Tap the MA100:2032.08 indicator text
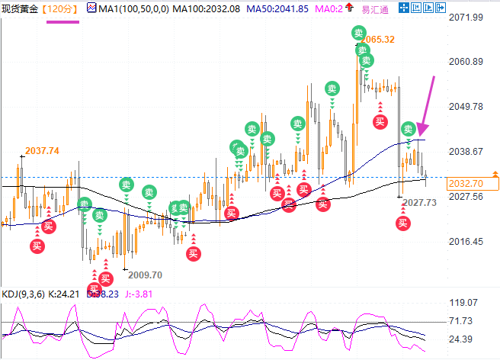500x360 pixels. tap(200, 8)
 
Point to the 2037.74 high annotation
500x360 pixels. tap(42, 151)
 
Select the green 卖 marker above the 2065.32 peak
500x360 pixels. tap(357, 32)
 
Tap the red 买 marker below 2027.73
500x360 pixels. tap(402, 223)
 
